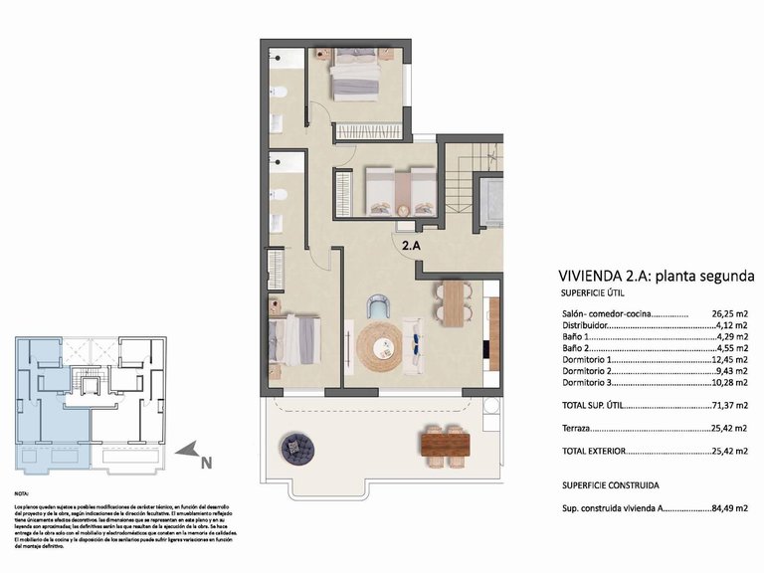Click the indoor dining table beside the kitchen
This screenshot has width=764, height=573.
(x=454, y=303)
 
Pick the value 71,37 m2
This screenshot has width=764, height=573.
(x=729, y=405)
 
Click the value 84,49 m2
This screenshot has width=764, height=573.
(x=729, y=508)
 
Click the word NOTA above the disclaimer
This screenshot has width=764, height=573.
(x=22, y=493)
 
